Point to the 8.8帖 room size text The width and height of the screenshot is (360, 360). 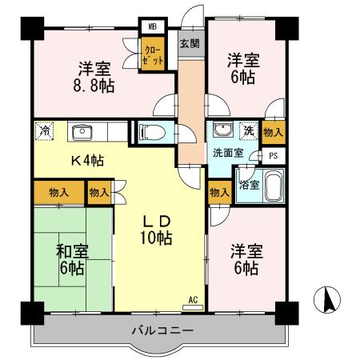[x=94, y=84]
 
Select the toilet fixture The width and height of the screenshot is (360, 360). [x=151, y=133]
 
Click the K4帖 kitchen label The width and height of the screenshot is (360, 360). [x=87, y=159]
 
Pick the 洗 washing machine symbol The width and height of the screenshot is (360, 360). [x=249, y=131]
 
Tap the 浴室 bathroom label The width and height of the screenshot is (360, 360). [x=250, y=185]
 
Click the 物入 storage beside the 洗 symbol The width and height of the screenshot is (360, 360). [x=273, y=130]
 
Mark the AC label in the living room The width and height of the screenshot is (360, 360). [x=192, y=300]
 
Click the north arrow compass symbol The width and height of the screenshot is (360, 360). [x=326, y=302]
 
